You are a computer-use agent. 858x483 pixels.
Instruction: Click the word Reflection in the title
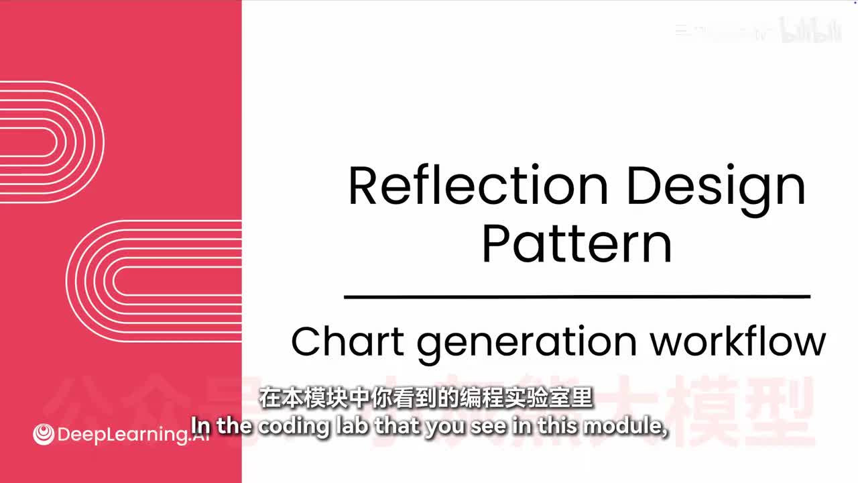click(x=478, y=186)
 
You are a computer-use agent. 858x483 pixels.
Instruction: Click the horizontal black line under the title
click(x=576, y=296)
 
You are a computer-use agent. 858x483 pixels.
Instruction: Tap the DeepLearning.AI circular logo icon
click(x=44, y=435)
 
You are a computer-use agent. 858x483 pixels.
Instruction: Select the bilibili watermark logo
click(x=812, y=31)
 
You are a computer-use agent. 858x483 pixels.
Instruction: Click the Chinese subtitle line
click(x=426, y=398)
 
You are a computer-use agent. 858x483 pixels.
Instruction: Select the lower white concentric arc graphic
click(x=154, y=280)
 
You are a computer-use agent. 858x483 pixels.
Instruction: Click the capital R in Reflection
click(x=363, y=186)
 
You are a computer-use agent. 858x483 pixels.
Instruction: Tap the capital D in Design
click(x=641, y=186)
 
